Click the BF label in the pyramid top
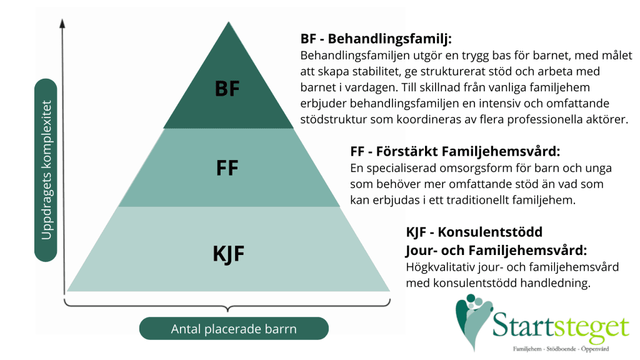coord(227,89)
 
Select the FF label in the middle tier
coord(227,168)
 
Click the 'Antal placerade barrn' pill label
coord(234,329)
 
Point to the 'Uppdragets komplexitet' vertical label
coord(46,169)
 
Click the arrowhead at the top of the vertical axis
coord(62,24)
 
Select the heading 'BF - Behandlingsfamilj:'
coord(376,38)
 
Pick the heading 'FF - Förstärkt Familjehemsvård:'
coord(456,152)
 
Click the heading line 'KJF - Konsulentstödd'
coord(474,232)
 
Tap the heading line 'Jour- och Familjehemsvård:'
coord(497,251)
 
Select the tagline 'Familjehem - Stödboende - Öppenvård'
coord(560,348)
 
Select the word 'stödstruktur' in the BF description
coord(333,119)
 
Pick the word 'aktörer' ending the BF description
coord(607,119)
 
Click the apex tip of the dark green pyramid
coord(227,22)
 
